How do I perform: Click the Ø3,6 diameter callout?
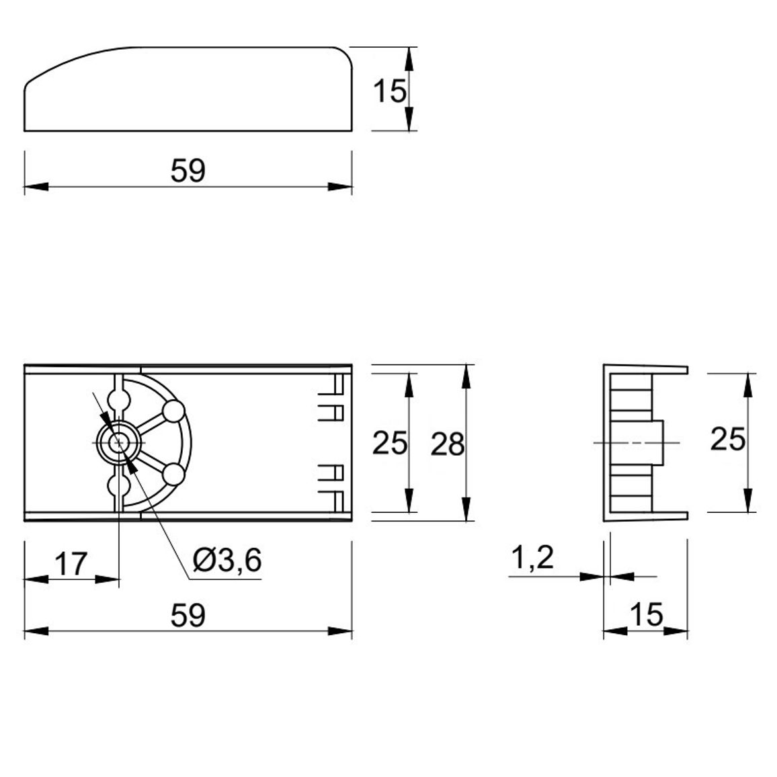(x=227, y=561)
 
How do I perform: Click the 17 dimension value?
(x=71, y=563)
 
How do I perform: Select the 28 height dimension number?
(x=448, y=444)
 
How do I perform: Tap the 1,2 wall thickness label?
(x=532, y=559)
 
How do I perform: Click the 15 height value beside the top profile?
(x=389, y=91)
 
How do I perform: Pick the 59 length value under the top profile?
(x=188, y=171)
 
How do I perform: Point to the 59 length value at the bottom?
(x=188, y=616)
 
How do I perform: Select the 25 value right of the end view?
(x=727, y=439)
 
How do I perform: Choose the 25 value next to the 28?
(x=389, y=442)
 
